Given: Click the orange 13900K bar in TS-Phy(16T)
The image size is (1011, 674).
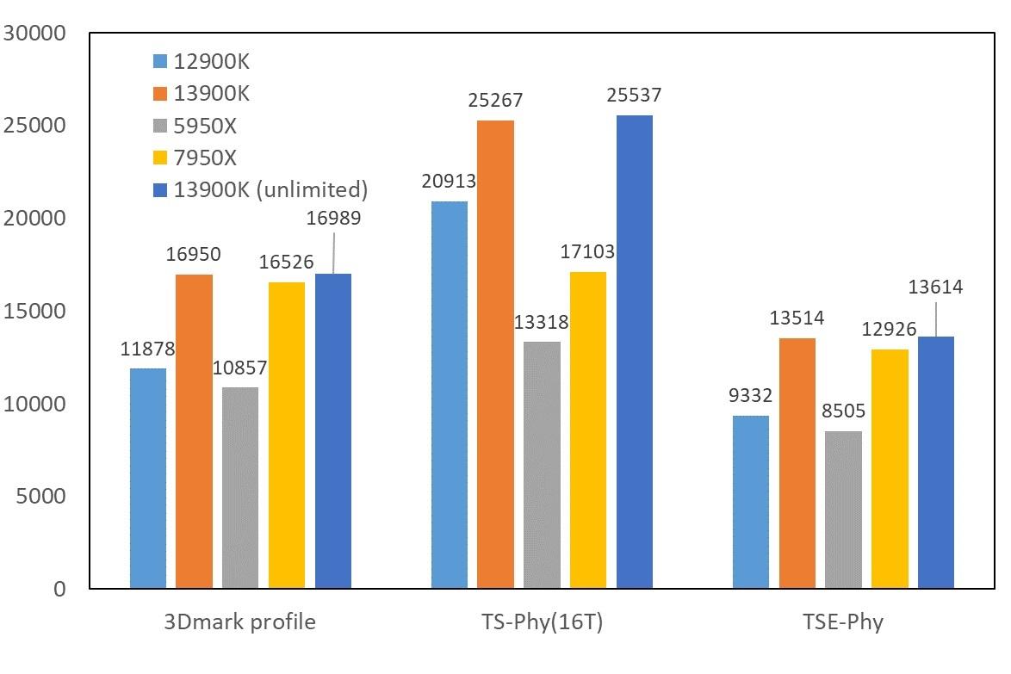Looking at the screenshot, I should tap(495, 355).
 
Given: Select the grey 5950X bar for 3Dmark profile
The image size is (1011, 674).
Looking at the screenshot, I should tap(239, 488).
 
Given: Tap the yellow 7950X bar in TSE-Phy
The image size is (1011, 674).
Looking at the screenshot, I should tap(890, 469).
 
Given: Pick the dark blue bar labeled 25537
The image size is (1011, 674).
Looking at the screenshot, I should tap(634, 352).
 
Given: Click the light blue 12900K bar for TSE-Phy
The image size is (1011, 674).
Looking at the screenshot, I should tap(750, 502).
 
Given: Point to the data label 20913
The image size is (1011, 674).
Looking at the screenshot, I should tap(449, 181).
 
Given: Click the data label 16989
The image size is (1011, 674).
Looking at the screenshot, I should tap(333, 218).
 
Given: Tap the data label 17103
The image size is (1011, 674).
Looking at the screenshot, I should tap(586, 251).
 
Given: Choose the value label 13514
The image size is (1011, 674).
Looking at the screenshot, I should tap(797, 318).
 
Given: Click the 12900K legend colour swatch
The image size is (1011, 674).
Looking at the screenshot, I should tap(159, 61).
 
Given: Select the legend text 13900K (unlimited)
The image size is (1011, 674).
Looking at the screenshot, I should tap(270, 189).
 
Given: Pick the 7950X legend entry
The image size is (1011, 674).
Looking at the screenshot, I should tap(205, 158).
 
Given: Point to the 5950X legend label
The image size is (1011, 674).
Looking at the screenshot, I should tap(205, 126).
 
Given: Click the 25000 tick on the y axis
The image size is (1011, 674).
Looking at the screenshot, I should tap(36, 126).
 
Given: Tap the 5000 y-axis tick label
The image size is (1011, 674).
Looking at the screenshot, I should tap(42, 497).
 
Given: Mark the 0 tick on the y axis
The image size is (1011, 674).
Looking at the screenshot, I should tap(59, 590).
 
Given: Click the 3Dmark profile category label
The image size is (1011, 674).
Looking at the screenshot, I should tap(239, 622).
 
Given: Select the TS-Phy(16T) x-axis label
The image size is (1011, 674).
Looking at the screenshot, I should tap(541, 622).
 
